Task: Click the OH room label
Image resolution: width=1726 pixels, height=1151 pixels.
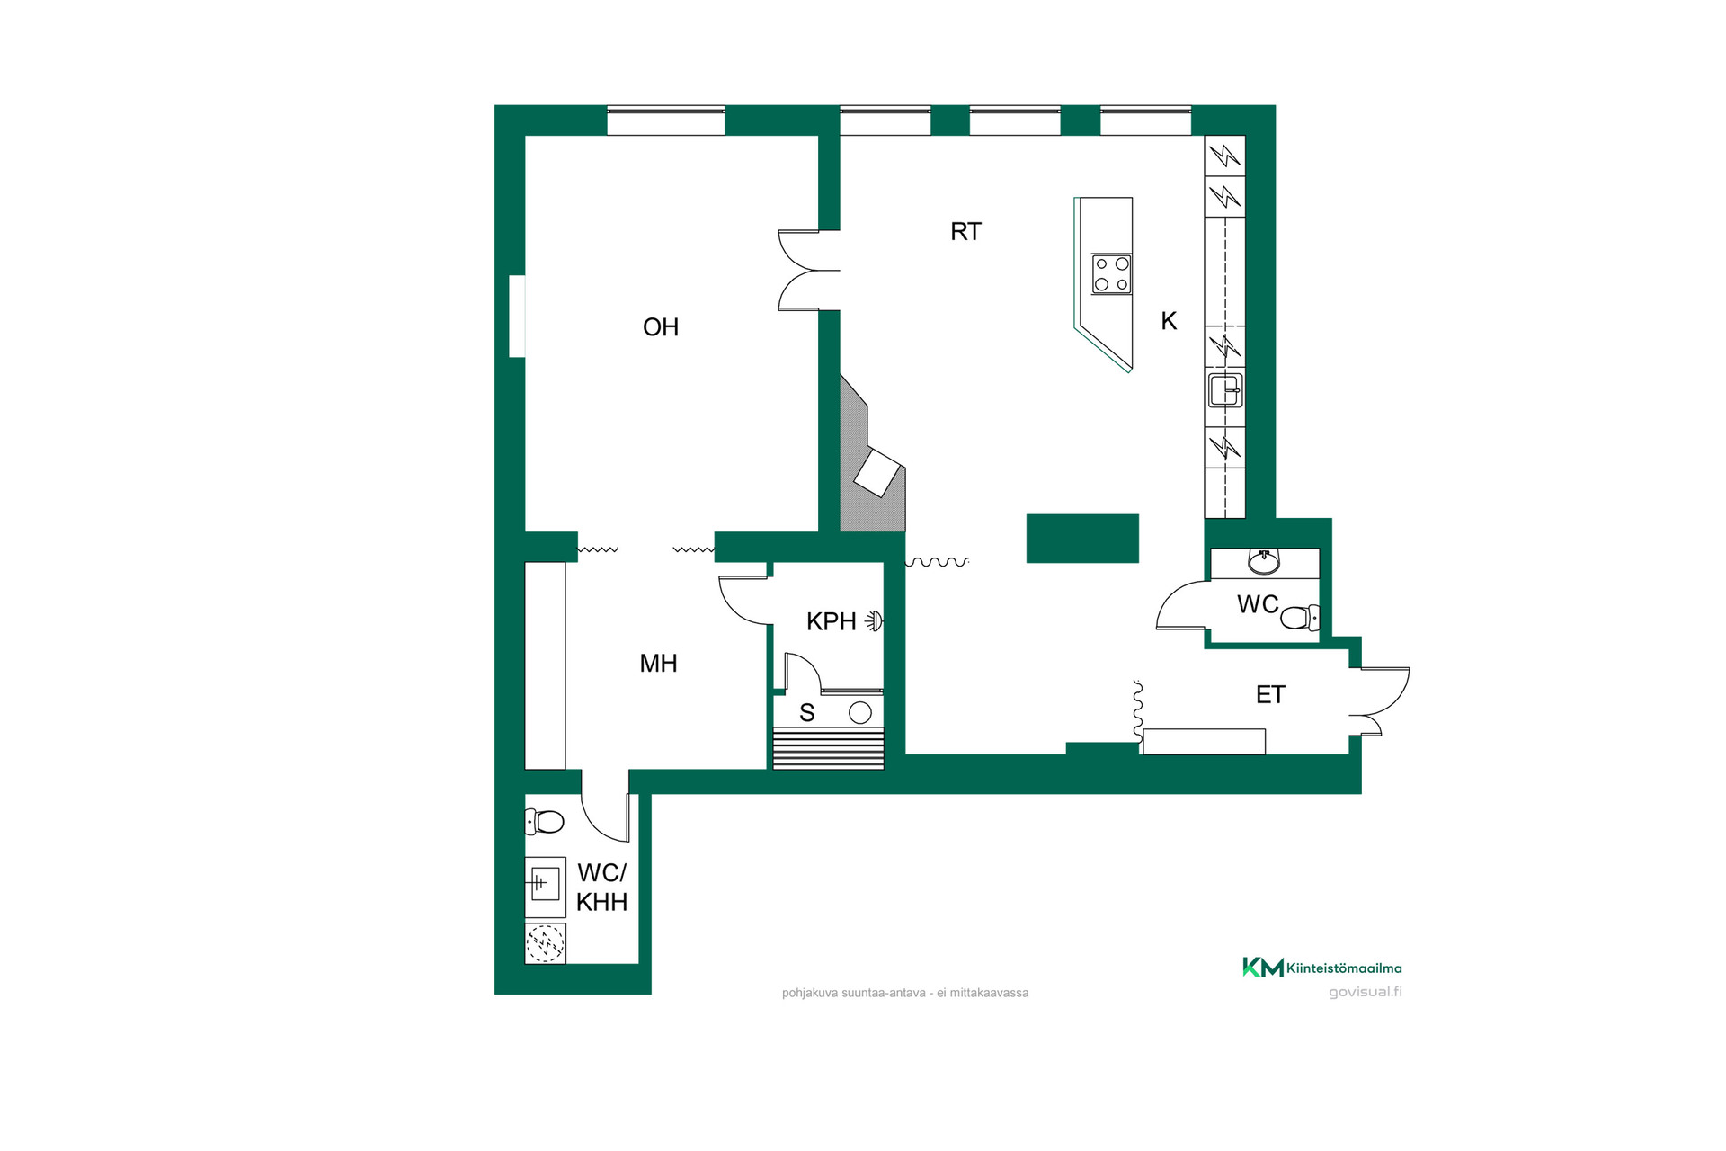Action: tap(661, 327)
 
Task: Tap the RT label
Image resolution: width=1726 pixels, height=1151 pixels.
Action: tap(965, 232)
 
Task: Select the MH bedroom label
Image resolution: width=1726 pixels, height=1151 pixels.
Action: tap(658, 664)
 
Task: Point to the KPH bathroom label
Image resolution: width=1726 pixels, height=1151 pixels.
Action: tap(831, 621)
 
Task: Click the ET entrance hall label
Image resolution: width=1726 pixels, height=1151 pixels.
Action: tap(1270, 694)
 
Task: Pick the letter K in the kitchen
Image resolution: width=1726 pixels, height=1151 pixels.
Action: tap(1169, 321)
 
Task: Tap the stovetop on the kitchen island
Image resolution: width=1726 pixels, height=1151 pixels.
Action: tap(1112, 274)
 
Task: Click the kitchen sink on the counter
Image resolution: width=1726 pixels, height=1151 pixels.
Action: tap(1225, 391)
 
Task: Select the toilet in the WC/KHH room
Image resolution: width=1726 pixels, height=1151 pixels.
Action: tap(544, 821)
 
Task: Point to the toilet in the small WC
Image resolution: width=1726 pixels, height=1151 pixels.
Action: tap(1300, 618)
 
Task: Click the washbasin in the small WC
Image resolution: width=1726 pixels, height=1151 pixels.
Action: tap(1264, 562)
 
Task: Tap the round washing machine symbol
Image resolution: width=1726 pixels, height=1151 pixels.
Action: tap(545, 943)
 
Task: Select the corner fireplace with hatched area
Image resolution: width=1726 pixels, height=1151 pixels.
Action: tap(871, 459)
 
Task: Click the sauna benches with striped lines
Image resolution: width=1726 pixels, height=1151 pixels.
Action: tap(828, 749)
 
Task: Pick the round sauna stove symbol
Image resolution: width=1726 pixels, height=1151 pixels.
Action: tap(860, 713)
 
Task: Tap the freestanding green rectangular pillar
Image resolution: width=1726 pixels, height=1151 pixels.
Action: tap(1082, 539)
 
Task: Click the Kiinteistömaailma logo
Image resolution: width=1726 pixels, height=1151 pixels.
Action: tap(1321, 968)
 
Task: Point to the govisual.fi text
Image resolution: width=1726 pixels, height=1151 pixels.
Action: tap(1366, 992)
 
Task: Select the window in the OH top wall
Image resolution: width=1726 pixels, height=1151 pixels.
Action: tap(666, 120)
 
